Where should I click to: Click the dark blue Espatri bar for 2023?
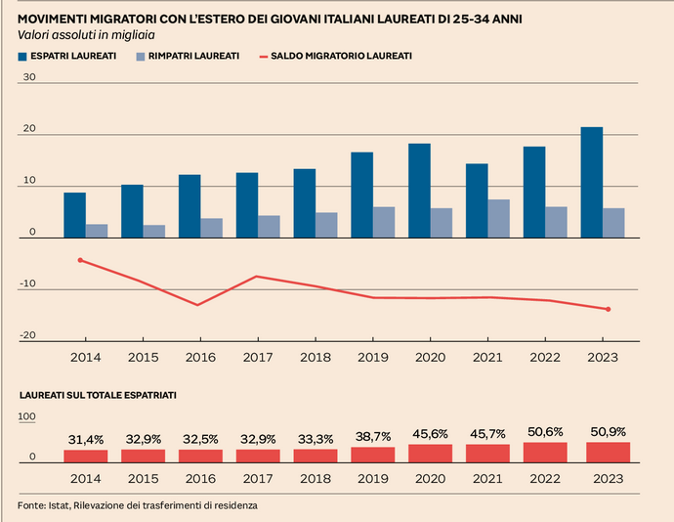[x=591, y=183]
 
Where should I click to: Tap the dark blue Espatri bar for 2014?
[x=74, y=215]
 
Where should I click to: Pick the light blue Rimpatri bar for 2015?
[x=154, y=231]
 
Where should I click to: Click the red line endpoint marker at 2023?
[x=609, y=309]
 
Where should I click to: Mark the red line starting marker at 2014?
[x=80, y=260]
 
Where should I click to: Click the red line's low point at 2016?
[x=198, y=305]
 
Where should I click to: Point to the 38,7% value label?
[x=372, y=437]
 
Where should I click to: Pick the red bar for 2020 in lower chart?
[x=430, y=453]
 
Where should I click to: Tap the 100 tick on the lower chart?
[x=27, y=417]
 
